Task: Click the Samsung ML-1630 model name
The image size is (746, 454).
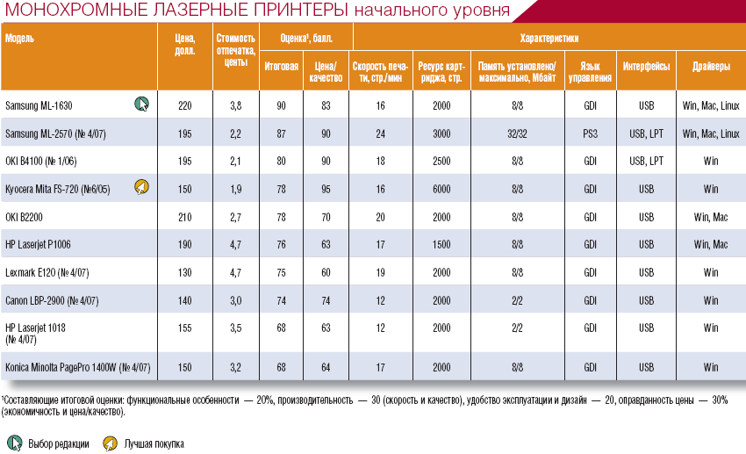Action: pos(39,105)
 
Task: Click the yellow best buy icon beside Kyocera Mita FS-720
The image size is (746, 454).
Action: pos(140,187)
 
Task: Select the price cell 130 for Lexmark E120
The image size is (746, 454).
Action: pos(184,273)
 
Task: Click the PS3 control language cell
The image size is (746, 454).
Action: pos(591,133)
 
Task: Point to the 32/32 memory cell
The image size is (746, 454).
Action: pos(517,133)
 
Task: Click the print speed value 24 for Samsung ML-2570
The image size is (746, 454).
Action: pos(381,133)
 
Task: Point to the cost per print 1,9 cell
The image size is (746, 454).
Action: pos(235,189)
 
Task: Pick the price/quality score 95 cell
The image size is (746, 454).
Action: pos(326,189)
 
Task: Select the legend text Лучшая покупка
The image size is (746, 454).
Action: pos(154,444)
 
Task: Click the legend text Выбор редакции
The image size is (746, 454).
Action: pos(59,444)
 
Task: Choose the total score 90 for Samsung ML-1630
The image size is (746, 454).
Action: pos(282,105)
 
